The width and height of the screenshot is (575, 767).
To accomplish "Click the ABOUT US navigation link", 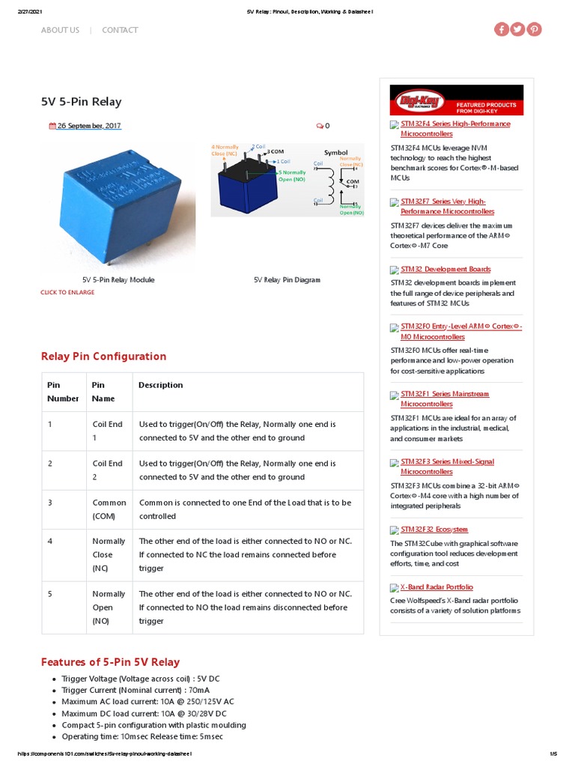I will click(60, 30).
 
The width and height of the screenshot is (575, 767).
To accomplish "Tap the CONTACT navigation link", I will click(120, 30).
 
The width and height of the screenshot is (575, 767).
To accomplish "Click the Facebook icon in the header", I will click(501, 29).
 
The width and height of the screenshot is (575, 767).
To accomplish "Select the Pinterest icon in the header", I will click(534, 29).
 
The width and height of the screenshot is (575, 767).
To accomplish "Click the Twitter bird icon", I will click(517, 29).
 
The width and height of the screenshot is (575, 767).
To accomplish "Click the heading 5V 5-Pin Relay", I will click(81, 102).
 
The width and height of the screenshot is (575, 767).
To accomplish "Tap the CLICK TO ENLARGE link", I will click(67, 292).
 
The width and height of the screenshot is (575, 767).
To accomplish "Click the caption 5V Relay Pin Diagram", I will click(287, 279).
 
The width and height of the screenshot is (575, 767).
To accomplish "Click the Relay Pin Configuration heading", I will click(103, 357).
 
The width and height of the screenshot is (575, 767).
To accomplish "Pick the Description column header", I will click(160, 385).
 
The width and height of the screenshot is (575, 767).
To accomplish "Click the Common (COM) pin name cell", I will click(109, 509).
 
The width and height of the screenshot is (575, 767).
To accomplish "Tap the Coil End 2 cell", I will click(107, 470).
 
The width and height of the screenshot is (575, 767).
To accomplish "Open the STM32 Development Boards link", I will click(445, 269).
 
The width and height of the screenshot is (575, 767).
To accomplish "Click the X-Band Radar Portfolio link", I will click(436, 587).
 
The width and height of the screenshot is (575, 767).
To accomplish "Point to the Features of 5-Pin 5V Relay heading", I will click(110, 662).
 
